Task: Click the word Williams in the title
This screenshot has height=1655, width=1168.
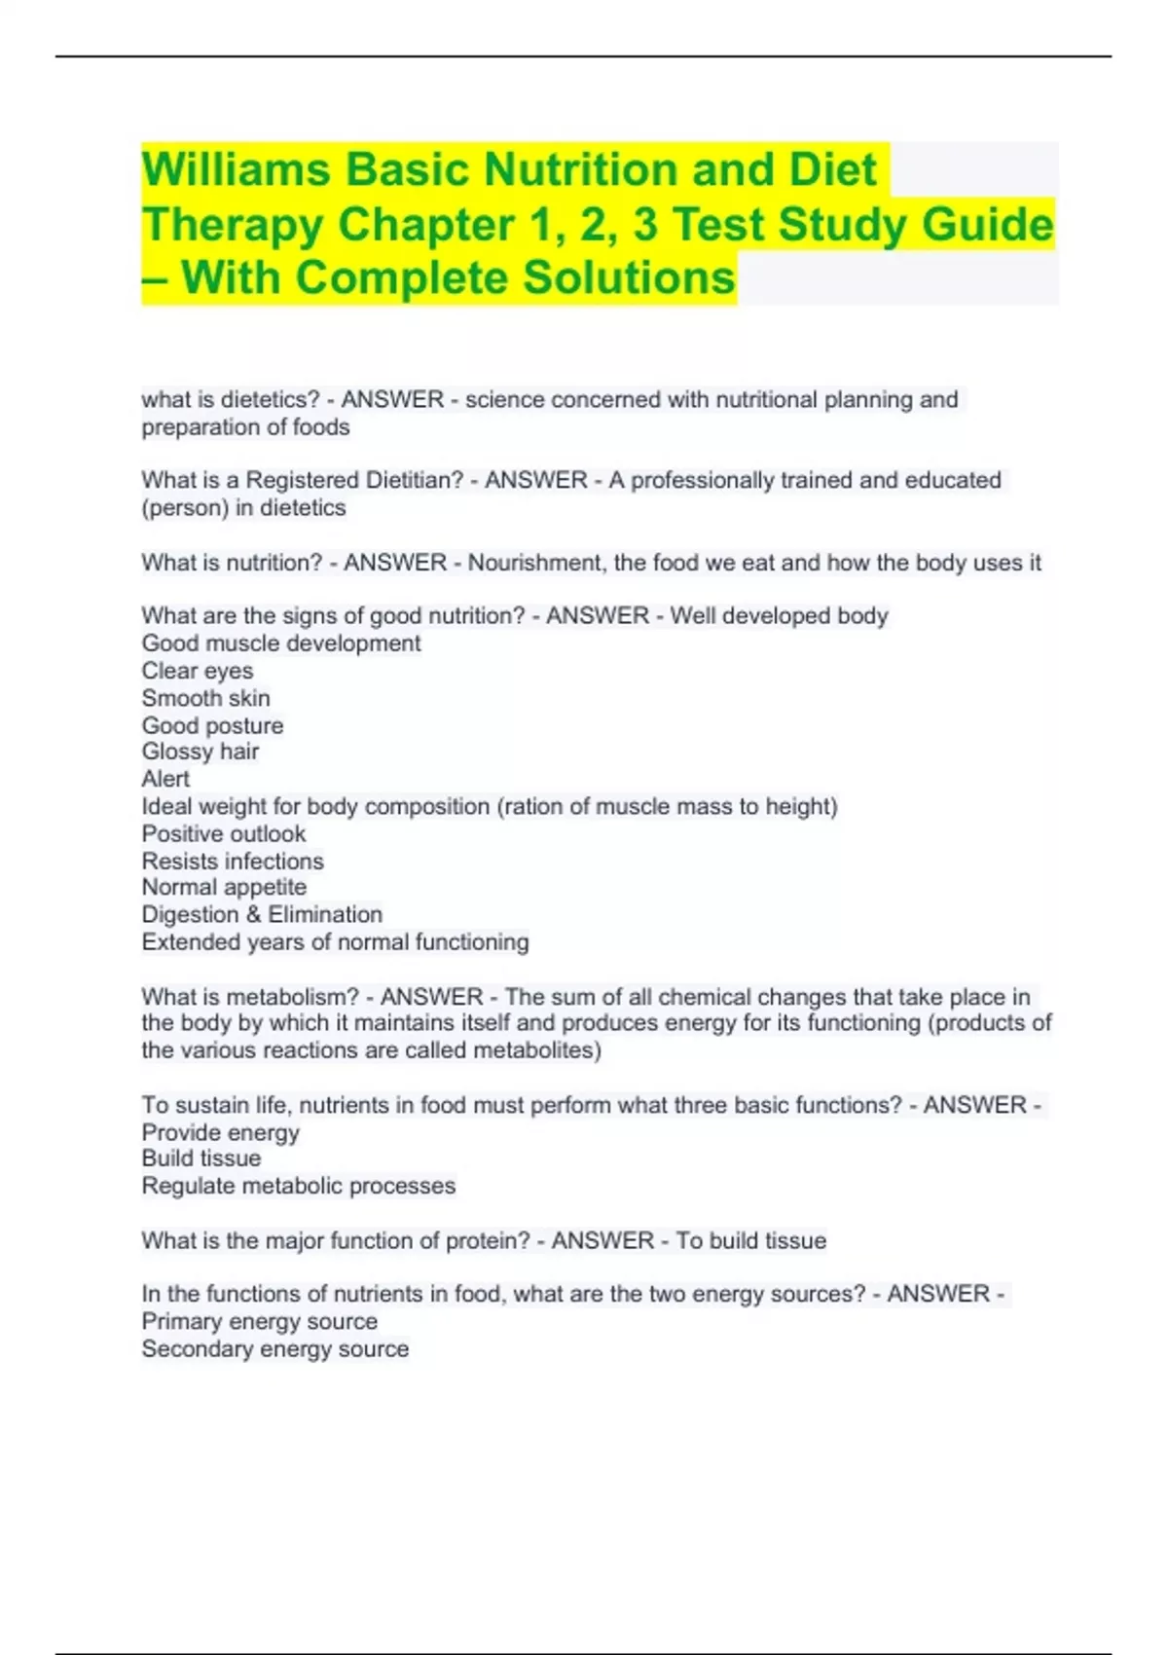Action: tap(237, 169)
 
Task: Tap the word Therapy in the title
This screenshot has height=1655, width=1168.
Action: tap(233, 225)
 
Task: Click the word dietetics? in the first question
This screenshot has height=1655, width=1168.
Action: tap(270, 400)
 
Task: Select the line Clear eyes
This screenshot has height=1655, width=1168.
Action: tap(197, 671)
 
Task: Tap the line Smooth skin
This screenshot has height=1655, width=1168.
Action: tap(205, 698)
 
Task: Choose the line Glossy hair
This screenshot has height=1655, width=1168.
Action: tap(200, 752)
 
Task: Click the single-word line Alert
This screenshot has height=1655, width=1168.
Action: tap(165, 779)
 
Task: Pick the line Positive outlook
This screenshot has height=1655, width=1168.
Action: tap(223, 834)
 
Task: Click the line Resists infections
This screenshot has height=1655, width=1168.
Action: tap(232, 862)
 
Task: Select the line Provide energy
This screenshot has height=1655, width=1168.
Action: tap(220, 1133)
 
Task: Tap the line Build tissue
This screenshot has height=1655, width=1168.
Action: tap(201, 1158)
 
